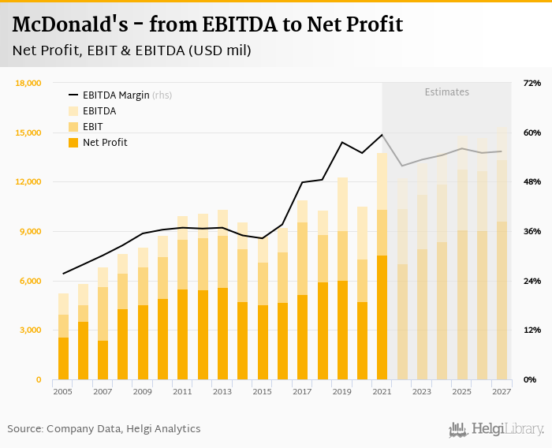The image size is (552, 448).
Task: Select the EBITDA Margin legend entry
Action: tap(116, 95)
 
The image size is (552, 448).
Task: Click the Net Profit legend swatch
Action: tap(74, 143)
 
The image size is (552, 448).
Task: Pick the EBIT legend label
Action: tap(92, 127)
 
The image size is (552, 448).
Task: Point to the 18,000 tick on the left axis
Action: tap(29, 83)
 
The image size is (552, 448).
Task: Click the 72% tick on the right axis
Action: tap(531, 83)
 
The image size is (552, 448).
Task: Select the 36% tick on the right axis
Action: tap(531, 231)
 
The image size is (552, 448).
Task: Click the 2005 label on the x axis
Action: tap(62, 391)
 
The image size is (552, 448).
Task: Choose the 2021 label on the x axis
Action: tap(382, 391)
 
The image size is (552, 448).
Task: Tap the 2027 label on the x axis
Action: tap(501, 391)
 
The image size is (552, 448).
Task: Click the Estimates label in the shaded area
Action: tap(446, 92)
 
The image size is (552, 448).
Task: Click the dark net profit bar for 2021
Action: tap(382, 317)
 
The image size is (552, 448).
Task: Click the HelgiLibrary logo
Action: tap(496, 429)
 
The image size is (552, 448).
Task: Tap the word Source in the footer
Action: tap(24, 429)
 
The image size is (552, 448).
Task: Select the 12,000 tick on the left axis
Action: tap(29, 182)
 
